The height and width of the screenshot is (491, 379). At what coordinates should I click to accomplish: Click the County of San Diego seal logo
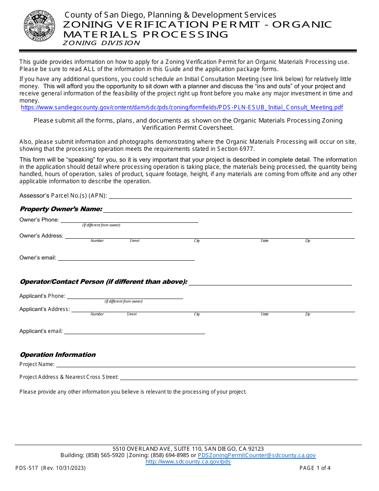[39, 26]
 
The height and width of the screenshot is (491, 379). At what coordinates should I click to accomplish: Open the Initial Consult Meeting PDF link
[182, 107]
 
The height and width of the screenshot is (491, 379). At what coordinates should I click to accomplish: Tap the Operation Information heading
[57, 354]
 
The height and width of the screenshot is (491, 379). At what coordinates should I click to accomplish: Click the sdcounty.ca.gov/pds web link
[188, 462]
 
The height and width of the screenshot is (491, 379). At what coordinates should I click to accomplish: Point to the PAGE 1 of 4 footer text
[315, 468]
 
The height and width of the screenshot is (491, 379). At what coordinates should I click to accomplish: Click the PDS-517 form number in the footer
[27, 468]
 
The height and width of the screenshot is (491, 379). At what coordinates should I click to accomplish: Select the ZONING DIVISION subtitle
[101, 43]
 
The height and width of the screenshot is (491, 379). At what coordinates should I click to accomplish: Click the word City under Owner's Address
[197, 241]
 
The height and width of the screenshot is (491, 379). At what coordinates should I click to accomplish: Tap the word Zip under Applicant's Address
[308, 314]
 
